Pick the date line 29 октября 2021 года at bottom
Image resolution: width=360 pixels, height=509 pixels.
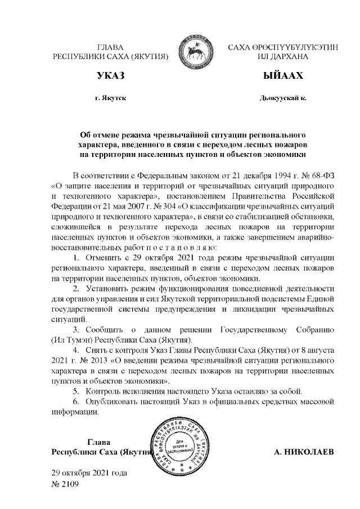89,472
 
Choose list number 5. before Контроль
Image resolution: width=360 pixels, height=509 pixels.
76,391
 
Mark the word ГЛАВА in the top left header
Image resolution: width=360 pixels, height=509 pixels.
110,47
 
